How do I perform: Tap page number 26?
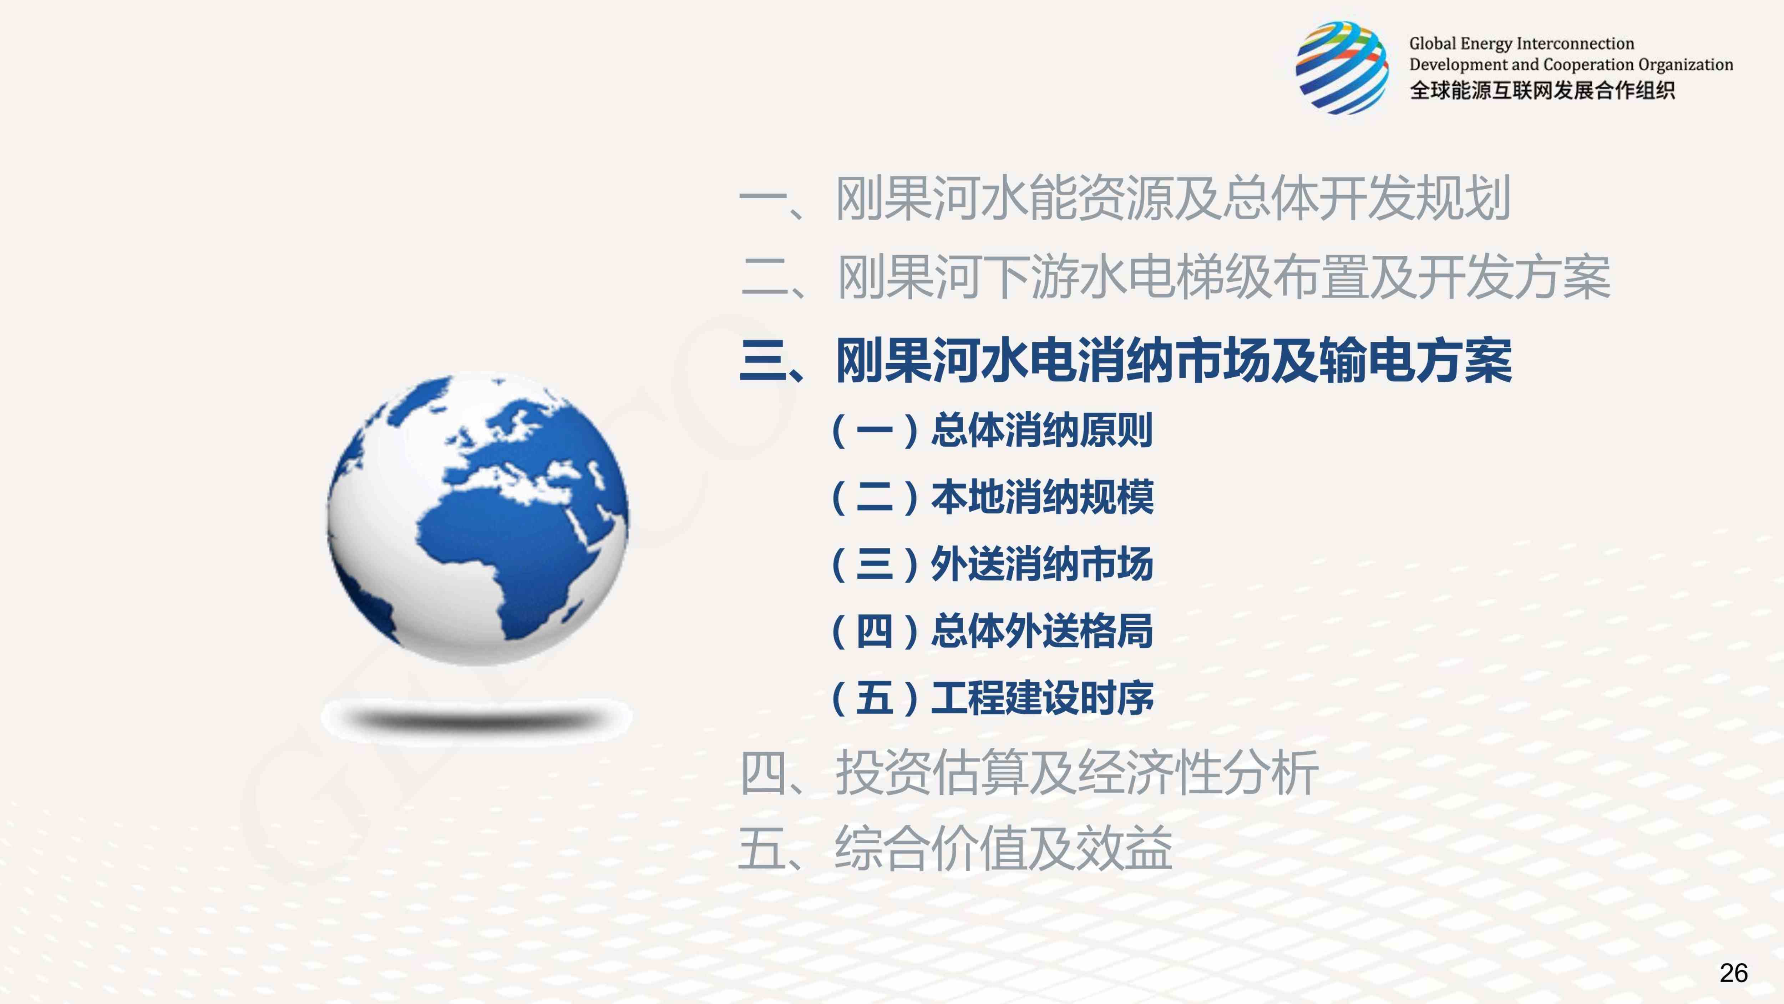tap(1733, 973)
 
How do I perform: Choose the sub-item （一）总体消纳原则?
tap(992, 430)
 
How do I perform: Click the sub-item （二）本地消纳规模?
tap(992, 497)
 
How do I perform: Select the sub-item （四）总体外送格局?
tap(992, 631)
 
